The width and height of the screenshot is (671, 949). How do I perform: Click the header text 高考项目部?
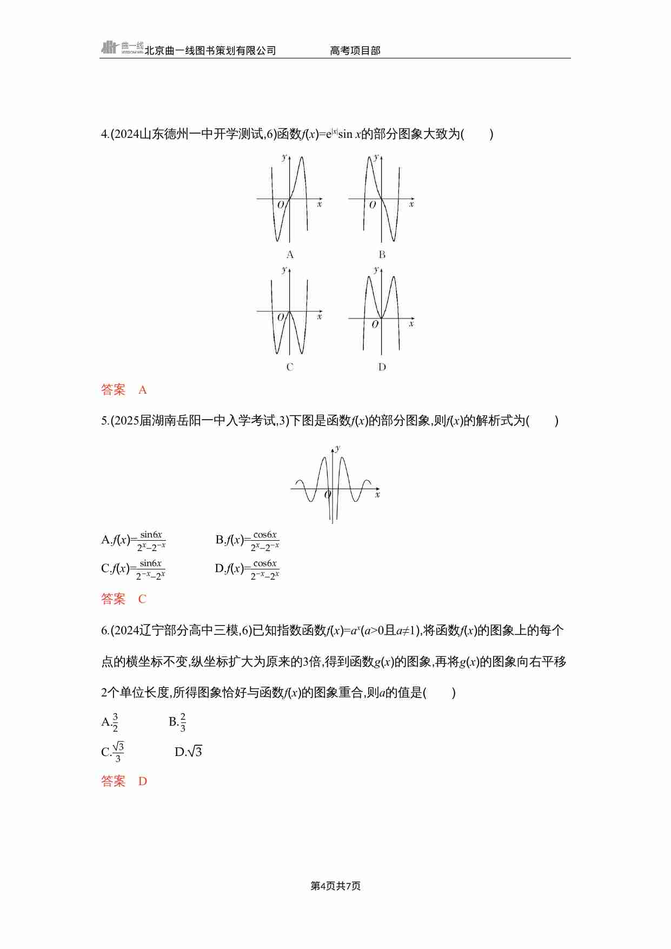355,51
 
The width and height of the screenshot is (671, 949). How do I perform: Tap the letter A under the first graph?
290,255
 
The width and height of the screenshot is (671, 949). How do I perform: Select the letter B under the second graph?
382,255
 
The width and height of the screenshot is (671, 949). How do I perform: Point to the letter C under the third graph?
290,367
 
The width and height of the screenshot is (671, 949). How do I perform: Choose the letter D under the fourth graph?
382,367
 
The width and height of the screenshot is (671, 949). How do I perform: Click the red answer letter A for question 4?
143,390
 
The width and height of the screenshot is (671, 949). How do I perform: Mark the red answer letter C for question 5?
143,599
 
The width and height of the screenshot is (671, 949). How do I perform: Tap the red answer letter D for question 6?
143,781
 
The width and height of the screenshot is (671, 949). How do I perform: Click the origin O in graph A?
281,205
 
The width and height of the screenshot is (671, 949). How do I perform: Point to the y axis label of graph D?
376,269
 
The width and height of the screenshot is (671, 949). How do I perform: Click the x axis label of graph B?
411,204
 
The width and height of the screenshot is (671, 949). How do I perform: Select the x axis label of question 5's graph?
377,494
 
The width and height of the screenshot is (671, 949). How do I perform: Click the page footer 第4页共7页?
335,886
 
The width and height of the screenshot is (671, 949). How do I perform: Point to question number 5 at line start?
104,421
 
